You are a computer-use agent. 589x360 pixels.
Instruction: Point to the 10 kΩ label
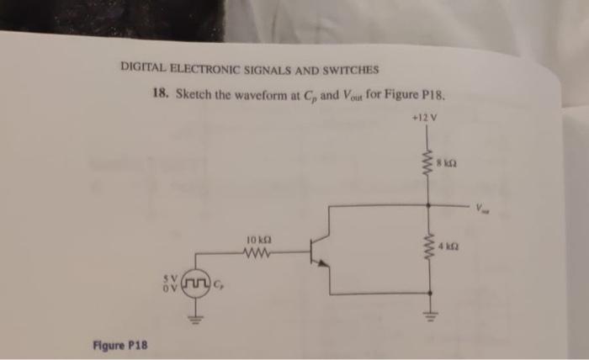257,239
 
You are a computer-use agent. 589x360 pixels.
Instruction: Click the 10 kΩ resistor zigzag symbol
257,251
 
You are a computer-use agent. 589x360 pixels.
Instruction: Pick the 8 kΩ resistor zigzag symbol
430,162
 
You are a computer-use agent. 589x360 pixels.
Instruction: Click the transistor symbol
319,251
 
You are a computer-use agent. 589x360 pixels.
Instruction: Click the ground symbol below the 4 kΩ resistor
431,317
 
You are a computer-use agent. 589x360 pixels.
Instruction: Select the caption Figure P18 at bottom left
120,344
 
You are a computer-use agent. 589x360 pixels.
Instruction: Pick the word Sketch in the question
191,94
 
